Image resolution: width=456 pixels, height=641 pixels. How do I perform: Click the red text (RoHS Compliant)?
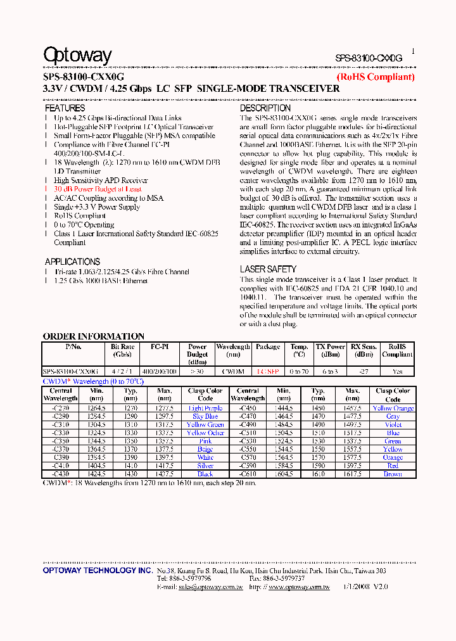375,77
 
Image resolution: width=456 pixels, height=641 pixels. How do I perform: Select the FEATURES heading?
65,108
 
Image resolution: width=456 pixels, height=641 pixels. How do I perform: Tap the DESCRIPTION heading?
265,108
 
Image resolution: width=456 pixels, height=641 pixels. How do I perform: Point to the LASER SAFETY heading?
268,269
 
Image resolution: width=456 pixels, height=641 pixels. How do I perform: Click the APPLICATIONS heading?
72,262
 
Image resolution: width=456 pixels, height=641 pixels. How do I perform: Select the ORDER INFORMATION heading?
93,336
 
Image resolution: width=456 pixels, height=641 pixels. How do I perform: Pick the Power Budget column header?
197,355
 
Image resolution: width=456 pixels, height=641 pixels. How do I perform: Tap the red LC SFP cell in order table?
267,372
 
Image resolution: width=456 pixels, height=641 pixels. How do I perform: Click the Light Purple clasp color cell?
205,409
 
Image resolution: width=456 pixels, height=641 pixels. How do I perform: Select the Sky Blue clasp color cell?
205,417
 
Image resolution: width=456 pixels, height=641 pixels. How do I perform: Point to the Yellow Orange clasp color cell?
393,409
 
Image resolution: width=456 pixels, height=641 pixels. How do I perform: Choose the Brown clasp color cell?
393,474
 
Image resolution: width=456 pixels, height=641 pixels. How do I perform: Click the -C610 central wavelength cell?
248,474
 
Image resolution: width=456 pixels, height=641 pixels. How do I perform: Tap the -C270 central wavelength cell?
61,409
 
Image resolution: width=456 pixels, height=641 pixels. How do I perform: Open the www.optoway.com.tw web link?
298,587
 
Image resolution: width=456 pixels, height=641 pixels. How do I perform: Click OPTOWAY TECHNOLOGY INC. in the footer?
98,571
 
